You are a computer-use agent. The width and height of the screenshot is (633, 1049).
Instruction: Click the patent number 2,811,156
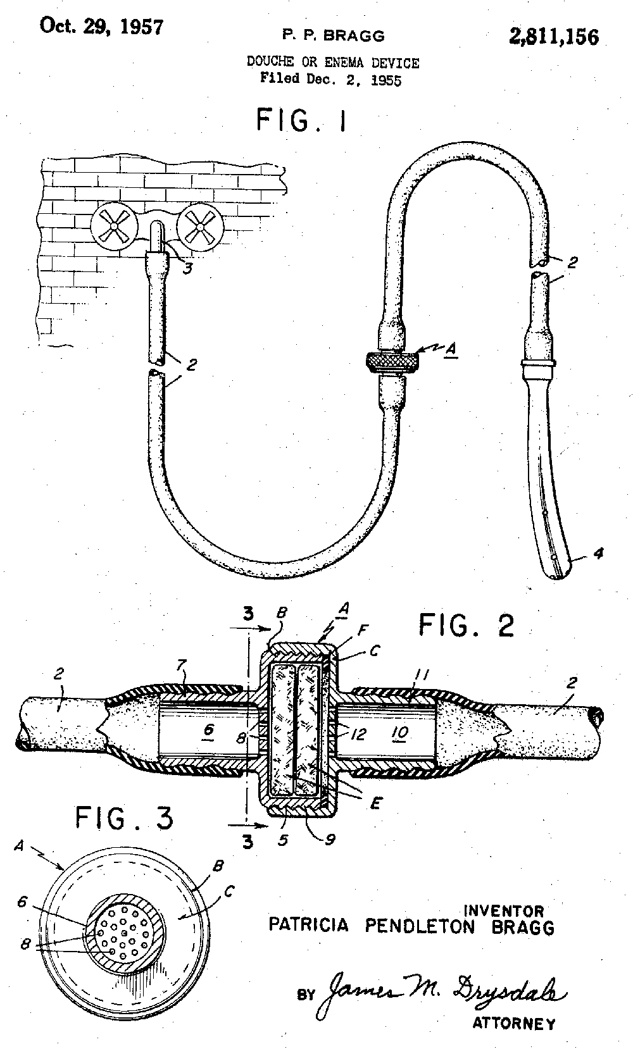554,37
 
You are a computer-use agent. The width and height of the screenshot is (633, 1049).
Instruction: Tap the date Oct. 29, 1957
102,26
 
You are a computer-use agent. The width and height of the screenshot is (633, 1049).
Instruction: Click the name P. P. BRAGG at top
333,35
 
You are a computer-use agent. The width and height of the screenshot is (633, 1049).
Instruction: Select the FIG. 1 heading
302,120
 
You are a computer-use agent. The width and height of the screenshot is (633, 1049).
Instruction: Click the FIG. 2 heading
466,625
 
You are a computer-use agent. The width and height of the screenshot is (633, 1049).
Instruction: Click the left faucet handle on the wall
114,227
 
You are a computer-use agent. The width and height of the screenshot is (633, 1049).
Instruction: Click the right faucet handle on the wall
200,227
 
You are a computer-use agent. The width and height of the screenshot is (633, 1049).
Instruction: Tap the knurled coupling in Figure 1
392,361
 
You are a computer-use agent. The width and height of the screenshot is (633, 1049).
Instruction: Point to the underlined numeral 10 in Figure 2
399,733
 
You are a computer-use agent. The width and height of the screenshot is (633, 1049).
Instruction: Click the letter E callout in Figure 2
375,804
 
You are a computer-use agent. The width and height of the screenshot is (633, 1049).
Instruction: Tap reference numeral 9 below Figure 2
330,840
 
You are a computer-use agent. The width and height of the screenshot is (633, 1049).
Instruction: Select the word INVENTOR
504,910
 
